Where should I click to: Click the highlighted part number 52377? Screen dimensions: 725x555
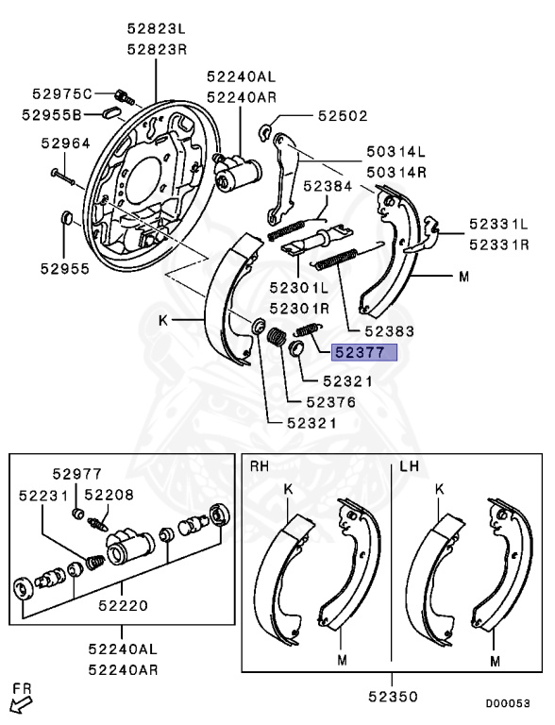click(363, 354)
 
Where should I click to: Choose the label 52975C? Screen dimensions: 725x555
click(61, 93)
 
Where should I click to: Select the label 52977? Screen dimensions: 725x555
click(76, 475)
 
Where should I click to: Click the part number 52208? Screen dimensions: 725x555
click(109, 495)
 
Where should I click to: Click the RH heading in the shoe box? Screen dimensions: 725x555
click(260, 466)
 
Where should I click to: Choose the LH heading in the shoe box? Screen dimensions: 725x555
click(410, 466)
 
